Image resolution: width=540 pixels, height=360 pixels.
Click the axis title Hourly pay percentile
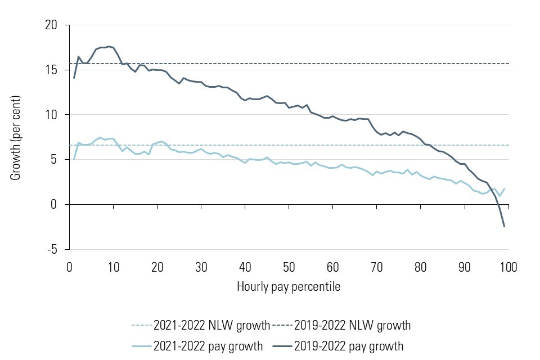pyautogui.click(x=289, y=286)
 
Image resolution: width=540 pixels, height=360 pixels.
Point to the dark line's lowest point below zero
pyautogui.click(x=504, y=226)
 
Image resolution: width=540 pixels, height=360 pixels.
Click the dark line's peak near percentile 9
pyautogui.click(x=109, y=47)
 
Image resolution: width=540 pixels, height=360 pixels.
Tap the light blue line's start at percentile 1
pyautogui.click(x=74, y=159)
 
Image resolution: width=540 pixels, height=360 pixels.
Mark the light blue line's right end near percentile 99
pyautogui.click(x=504, y=188)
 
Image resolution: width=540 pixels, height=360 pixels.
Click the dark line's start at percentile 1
pyautogui.click(x=74, y=78)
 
